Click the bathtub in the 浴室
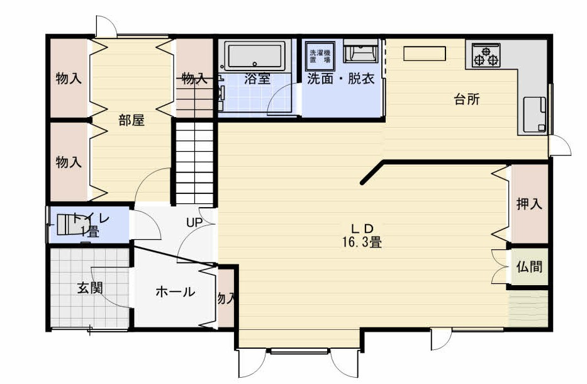[255, 56]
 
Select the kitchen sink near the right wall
[534, 114]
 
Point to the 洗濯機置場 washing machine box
[319, 53]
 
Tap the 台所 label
[467, 99]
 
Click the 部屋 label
[131, 120]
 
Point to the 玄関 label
[90, 288]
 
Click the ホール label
[174, 292]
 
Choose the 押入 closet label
[528, 204]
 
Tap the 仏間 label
[528, 266]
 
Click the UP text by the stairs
[193, 222]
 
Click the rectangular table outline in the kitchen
[425, 54]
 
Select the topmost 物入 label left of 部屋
[69, 79]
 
